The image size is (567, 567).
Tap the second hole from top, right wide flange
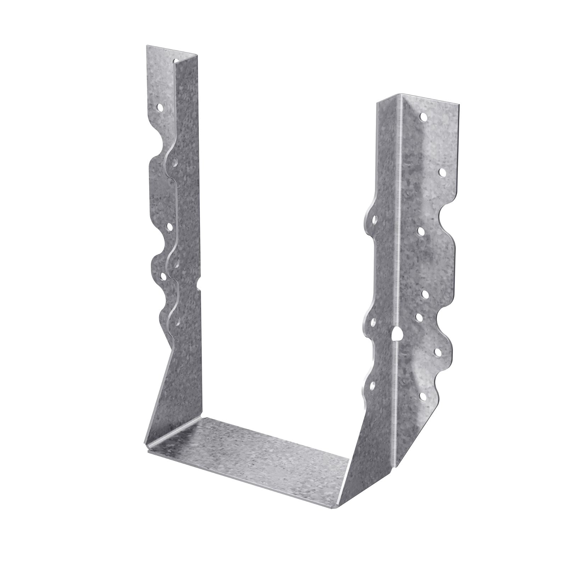coord(442,172)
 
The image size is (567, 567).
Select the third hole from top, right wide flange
coord(421,231)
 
